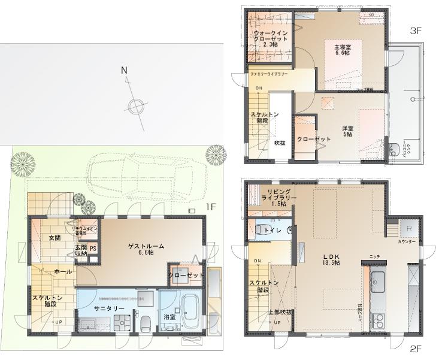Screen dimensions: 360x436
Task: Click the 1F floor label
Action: [x=211, y=207]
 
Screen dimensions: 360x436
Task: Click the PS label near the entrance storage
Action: [x=93, y=249]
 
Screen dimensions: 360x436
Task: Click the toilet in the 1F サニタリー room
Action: [x=146, y=322]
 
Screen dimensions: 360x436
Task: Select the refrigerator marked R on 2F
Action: [x=408, y=228]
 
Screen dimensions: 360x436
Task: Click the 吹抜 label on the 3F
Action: [x=279, y=143]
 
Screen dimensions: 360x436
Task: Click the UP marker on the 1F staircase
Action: [x=59, y=322]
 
